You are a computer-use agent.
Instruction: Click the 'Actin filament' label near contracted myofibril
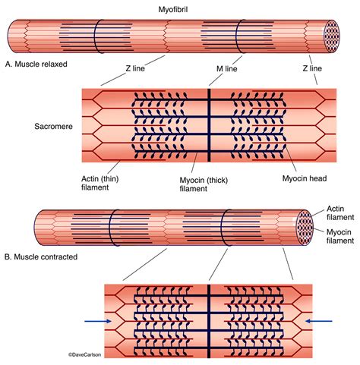tap(340, 212)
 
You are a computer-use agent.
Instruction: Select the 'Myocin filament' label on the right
tap(339, 235)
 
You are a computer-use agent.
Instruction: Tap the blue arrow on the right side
tap(319, 321)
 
